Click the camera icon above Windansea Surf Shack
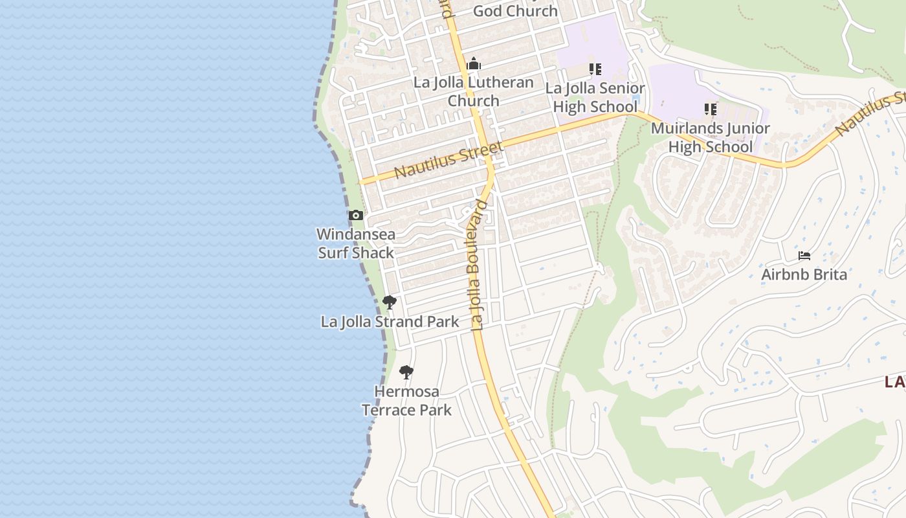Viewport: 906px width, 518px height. point(355,216)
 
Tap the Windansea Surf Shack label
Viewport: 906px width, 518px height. point(356,243)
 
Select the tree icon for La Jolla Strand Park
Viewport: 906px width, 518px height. point(389,302)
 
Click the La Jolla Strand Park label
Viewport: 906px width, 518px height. point(390,322)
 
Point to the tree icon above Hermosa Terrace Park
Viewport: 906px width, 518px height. point(406,372)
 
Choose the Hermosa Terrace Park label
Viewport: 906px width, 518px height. point(406,401)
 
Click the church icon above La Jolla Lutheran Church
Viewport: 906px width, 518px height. point(474,63)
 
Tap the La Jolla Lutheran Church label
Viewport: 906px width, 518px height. point(474,91)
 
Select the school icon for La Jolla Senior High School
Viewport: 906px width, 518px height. point(595,69)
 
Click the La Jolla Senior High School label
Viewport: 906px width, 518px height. point(595,97)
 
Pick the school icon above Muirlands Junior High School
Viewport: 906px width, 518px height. point(711,109)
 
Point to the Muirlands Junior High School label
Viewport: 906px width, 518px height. point(711,137)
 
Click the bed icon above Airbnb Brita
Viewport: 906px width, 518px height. point(804,256)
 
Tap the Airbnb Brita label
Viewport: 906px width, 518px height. point(804,275)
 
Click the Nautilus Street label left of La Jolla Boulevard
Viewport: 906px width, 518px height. point(448,161)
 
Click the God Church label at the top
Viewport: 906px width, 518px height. point(515,11)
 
